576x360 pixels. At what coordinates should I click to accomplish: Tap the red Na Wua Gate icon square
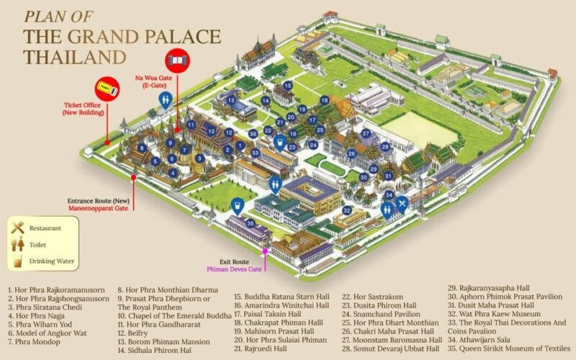[175, 58]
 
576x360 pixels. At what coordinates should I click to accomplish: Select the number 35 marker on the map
[251, 223]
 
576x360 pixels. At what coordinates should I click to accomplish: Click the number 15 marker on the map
[287, 85]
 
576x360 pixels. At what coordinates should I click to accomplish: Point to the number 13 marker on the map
[230, 101]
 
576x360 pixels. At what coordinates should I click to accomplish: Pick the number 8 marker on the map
[143, 148]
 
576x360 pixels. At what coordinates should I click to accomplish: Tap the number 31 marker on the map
[388, 176]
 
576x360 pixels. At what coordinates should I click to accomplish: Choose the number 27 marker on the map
[366, 133]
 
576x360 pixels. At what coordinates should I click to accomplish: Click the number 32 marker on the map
[347, 210]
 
